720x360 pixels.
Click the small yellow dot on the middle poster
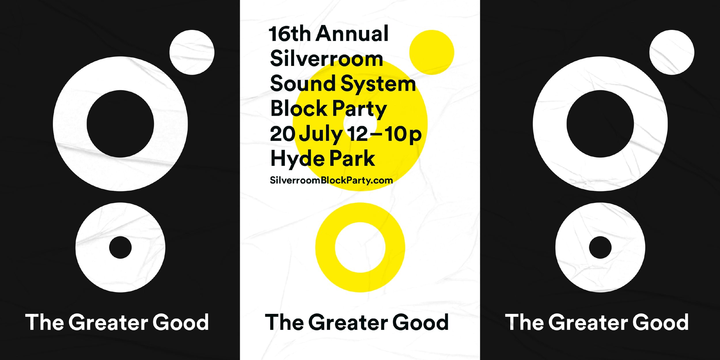pyautogui.click(x=432, y=52)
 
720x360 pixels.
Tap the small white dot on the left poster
pyautogui.click(x=192, y=52)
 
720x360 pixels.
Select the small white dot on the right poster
pyautogui.click(x=672, y=52)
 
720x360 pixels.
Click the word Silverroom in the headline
pyautogui.click(x=327, y=58)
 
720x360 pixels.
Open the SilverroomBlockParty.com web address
pyautogui.click(x=331, y=181)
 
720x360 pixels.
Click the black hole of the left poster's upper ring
pyautogui.click(x=120, y=124)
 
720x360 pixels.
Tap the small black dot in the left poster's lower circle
pyautogui.click(x=120, y=247)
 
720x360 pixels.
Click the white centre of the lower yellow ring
pyautogui.click(x=360, y=247)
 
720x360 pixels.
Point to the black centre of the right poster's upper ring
pyautogui.click(x=600, y=124)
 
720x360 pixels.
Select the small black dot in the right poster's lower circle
pyautogui.click(x=600, y=247)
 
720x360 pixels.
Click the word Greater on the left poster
pyautogui.click(x=108, y=322)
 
